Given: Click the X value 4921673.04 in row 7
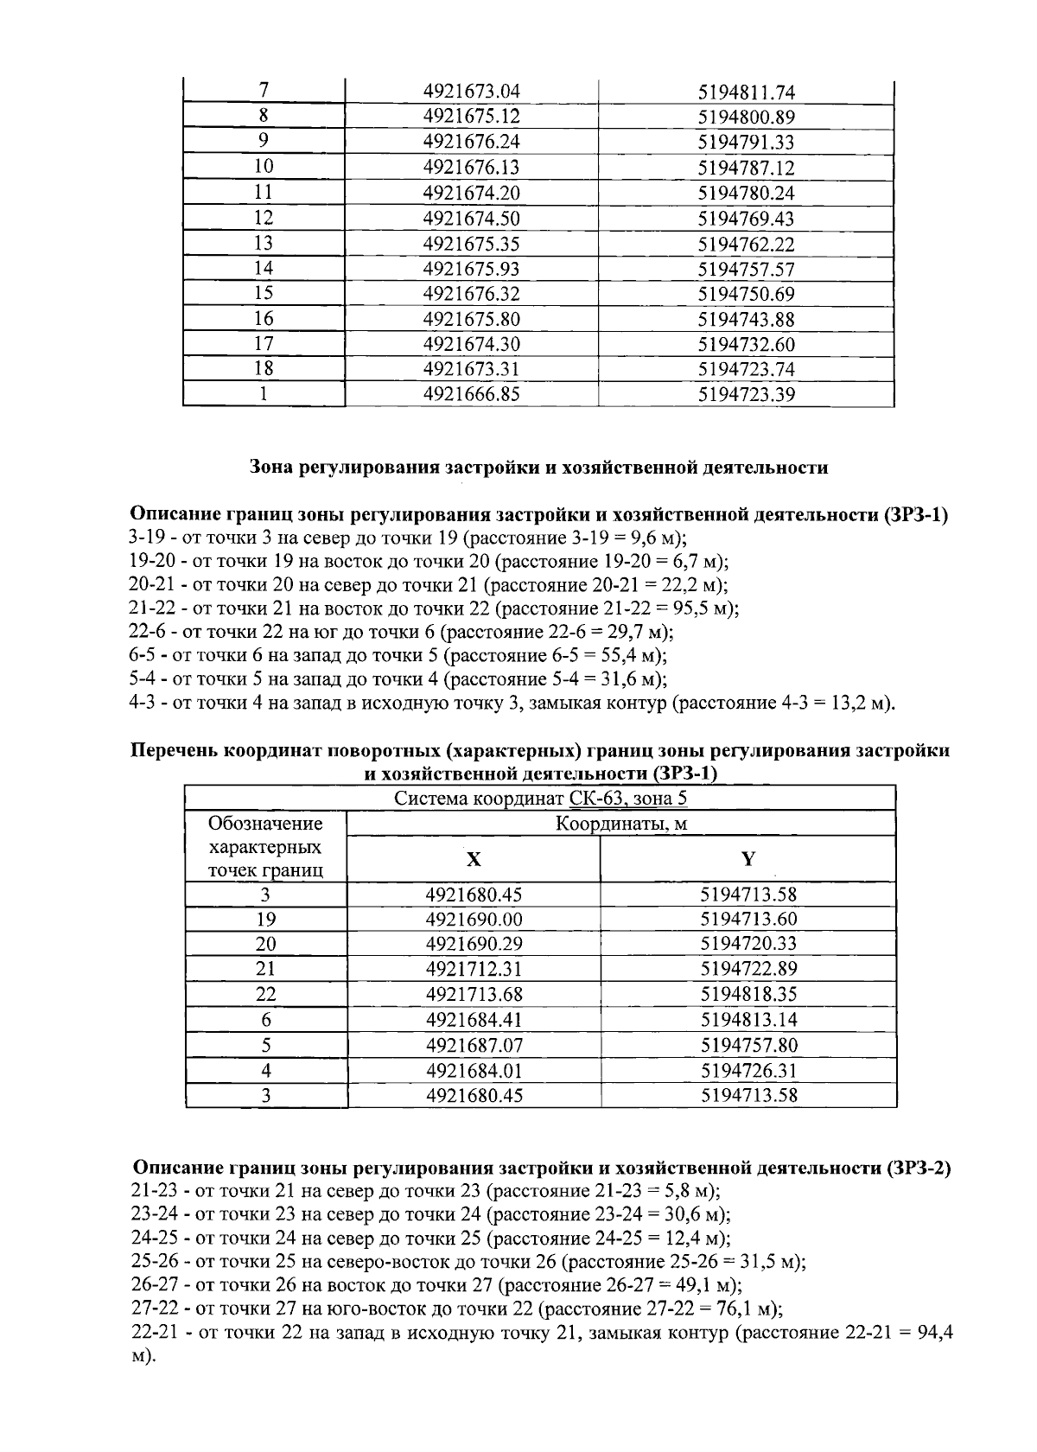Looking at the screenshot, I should click(x=472, y=91).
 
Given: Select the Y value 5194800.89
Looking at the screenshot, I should click(x=746, y=117).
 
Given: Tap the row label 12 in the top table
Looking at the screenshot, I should click(x=264, y=218).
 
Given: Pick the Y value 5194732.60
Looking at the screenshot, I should click(x=746, y=344).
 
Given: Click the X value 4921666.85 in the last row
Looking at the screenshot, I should click(x=472, y=395).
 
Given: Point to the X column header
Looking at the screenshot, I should click(x=473, y=858).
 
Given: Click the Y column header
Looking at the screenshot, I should click(x=748, y=858).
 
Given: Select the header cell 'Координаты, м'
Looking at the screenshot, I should click(x=620, y=823).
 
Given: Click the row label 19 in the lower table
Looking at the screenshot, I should click(x=265, y=920).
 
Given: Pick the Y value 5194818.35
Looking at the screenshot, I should click(x=748, y=995).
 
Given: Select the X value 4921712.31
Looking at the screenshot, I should click(x=474, y=970).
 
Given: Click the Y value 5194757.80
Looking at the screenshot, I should click(x=748, y=1045).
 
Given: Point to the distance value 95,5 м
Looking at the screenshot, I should click(x=703, y=608).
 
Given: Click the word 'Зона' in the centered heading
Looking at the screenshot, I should click(x=271, y=468).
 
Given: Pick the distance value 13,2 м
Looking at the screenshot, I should click(x=858, y=703).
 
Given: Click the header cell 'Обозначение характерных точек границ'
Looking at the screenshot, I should click(x=265, y=846).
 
